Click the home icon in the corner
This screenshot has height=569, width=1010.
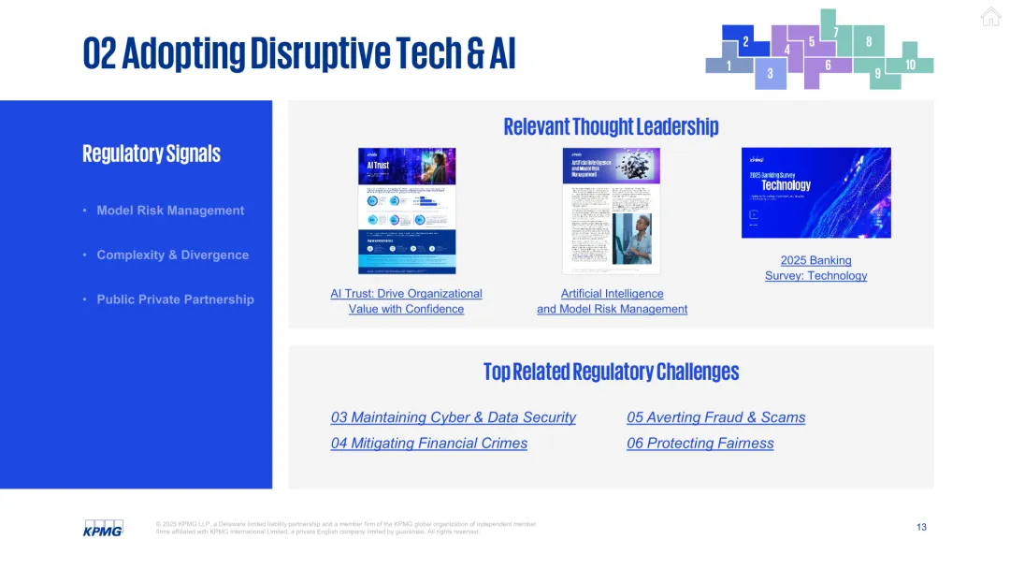pyautogui.click(x=990, y=17)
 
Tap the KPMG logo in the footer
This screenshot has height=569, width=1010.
pyautogui.click(x=103, y=529)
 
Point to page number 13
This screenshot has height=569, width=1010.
pyautogui.click(x=921, y=528)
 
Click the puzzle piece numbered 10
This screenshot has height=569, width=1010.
pyautogui.click(x=911, y=65)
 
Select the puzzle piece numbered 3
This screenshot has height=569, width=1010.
pyautogui.click(x=771, y=73)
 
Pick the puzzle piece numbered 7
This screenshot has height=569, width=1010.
pyautogui.click(x=835, y=33)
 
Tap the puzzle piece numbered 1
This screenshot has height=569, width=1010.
pyautogui.click(x=729, y=66)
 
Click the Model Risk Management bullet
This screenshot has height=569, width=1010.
pyautogui.click(x=170, y=211)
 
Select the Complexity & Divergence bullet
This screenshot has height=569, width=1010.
pyautogui.click(x=173, y=255)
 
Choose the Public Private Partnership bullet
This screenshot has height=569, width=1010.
pyautogui.click(x=175, y=299)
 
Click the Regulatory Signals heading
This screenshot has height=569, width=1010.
pyautogui.click(x=151, y=153)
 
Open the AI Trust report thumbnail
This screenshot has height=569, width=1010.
pyautogui.click(x=407, y=211)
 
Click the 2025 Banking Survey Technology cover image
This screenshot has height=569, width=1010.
pyautogui.click(x=815, y=193)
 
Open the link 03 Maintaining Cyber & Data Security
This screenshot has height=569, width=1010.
pyautogui.click(x=454, y=417)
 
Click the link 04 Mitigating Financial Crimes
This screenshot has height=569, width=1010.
pyautogui.click(x=429, y=444)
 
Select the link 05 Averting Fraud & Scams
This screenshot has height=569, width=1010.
pyautogui.click(x=715, y=417)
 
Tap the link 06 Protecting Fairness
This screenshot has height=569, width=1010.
pyautogui.click(x=700, y=444)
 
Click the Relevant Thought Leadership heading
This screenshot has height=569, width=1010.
pyautogui.click(x=611, y=126)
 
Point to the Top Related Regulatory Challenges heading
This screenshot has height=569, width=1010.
pyautogui.click(x=611, y=372)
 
